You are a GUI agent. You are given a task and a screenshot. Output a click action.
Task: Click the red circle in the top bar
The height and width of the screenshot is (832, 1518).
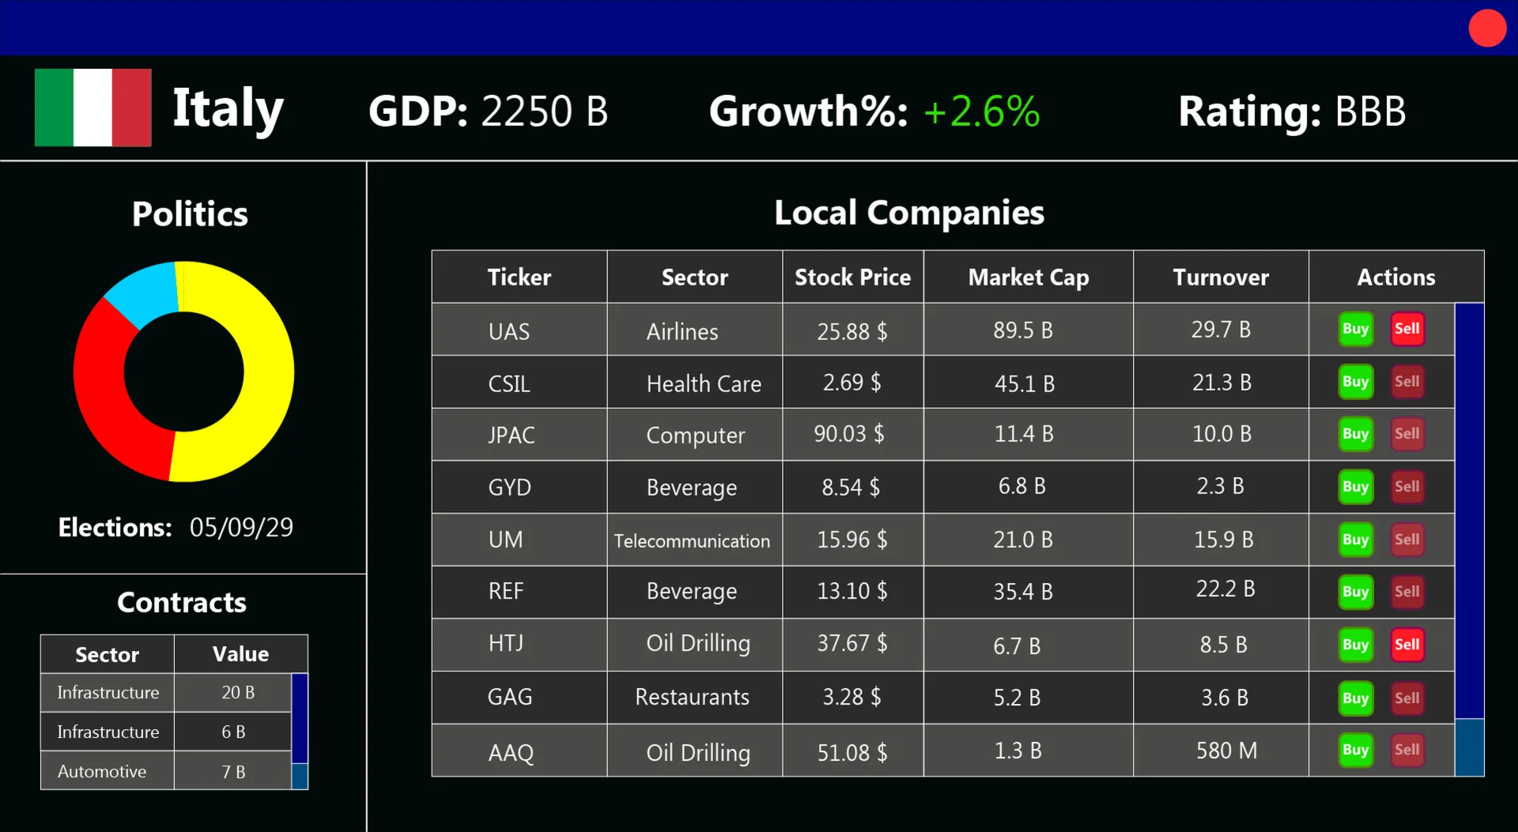click(x=1487, y=28)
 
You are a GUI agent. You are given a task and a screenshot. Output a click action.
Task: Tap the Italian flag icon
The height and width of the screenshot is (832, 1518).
click(x=93, y=108)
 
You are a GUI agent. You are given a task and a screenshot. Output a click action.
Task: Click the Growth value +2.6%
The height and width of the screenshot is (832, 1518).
click(x=981, y=112)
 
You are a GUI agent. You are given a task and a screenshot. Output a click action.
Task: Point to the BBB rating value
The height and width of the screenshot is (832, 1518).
click(x=1370, y=112)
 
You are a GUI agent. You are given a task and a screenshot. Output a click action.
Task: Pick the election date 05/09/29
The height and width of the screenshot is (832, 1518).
click(x=241, y=528)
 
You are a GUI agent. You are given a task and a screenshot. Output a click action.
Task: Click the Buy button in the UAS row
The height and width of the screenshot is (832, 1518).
click(x=1355, y=329)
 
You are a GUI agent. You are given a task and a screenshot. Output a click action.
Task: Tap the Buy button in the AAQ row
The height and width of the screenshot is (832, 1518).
click(x=1355, y=750)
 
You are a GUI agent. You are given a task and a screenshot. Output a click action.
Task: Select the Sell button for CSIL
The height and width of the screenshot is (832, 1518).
click(x=1407, y=382)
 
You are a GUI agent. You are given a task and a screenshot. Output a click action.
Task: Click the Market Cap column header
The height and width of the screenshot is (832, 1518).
click(x=1028, y=278)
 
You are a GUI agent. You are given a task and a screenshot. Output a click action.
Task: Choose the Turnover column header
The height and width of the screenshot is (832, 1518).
click(x=1221, y=278)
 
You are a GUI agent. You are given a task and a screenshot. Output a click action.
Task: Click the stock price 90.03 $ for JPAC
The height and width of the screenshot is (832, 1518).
click(x=849, y=434)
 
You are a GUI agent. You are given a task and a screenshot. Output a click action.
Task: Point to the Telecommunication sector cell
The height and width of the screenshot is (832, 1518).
click(x=692, y=541)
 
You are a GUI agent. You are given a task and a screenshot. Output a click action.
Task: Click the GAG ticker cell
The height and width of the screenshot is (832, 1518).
click(x=510, y=698)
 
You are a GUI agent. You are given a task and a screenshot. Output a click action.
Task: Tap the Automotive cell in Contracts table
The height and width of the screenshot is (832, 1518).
click(x=102, y=772)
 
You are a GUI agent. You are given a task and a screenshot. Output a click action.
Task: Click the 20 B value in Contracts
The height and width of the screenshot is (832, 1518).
click(x=237, y=693)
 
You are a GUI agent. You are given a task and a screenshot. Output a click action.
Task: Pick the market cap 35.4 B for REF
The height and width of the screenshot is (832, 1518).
click(x=1023, y=592)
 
